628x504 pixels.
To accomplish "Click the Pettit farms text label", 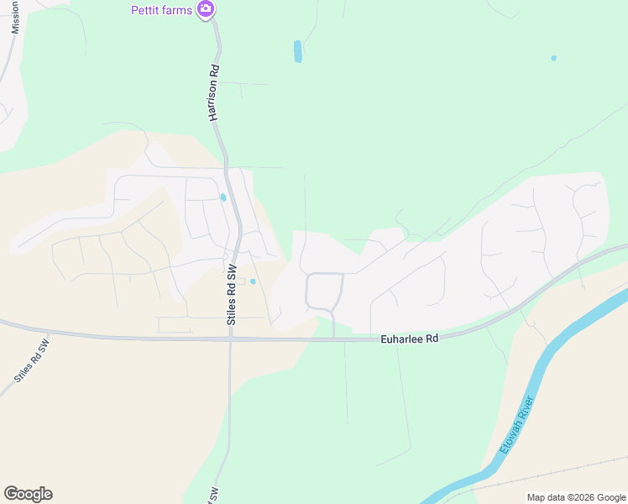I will tap(161, 10).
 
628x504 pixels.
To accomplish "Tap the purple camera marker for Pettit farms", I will tap(206, 10).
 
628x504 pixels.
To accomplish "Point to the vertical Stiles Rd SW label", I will tap(233, 295).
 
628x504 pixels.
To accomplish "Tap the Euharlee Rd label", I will tap(410, 339).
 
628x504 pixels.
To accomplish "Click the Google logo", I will tap(28, 494).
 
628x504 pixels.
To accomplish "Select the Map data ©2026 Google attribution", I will tap(576, 497).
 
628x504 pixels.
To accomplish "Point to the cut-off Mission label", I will tap(15, 17).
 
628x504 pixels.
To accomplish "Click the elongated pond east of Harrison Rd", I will tap(297, 51).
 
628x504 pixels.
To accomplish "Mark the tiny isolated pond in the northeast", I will tap(553, 58).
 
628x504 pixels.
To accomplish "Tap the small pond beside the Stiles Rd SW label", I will tap(253, 281).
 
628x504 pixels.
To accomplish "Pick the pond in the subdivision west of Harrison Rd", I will tap(222, 198).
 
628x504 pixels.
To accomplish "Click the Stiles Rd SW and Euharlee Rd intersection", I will tap(231, 339).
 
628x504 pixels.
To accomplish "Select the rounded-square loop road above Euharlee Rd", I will tap(324, 291).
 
